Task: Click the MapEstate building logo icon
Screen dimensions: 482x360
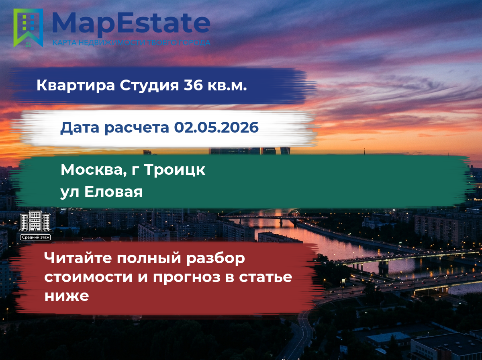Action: [28, 28]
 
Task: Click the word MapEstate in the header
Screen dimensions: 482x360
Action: [131, 24]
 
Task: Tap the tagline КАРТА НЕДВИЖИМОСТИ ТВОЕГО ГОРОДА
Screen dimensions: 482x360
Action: [131, 43]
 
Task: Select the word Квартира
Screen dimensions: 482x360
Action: [76, 85]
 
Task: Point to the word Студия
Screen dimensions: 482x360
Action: [149, 86]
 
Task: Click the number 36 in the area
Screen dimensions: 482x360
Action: [193, 85]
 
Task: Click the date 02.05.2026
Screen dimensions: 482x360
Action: [216, 127]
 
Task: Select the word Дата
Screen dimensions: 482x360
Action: [80, 128]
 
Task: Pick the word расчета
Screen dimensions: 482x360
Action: [137, 128]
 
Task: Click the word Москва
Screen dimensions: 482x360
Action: [94, 170]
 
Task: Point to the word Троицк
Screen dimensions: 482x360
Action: [175, 170]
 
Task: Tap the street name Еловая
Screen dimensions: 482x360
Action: [113, 192]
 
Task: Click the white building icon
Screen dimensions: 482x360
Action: [36, 221]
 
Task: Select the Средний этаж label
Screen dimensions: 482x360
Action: [36, 237]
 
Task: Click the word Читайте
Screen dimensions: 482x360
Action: [78, 258]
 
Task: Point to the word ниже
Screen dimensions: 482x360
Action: [67, 296]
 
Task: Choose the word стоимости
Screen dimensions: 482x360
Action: [88, 277]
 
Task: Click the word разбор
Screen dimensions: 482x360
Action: [215, 259]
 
